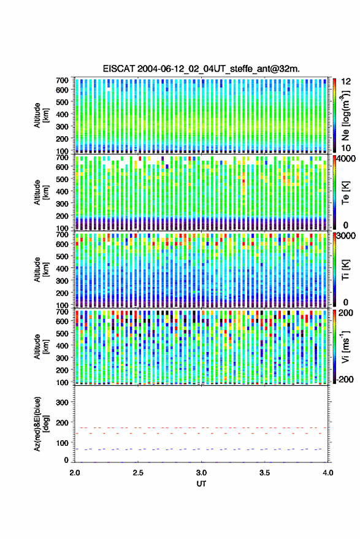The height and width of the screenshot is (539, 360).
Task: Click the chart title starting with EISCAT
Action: [x=201, y=69]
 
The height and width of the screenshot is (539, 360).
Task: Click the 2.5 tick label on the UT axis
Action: [x=138, y=473]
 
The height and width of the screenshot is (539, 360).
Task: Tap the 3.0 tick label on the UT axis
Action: [x=201, y=473]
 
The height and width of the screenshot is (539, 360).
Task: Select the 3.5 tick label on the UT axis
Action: [x=264, y=473]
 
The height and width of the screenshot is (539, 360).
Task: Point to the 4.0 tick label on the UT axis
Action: [x=327, y=473]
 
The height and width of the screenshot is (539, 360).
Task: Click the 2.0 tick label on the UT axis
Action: [x=75, y=473]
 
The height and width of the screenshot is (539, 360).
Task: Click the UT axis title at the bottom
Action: [x=201, y=484]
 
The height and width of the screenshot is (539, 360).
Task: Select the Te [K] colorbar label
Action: [x=345, y=193]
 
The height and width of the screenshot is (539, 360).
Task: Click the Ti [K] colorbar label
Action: [x=345, y=270]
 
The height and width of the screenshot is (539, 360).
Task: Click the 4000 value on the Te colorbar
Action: [x=347, y=159]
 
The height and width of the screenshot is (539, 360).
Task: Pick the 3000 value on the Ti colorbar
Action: [x=347, y=236]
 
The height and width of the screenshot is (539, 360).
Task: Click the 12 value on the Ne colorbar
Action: [x=346, y=82]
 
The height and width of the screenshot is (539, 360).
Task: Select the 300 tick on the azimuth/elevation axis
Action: [x=62, y=402]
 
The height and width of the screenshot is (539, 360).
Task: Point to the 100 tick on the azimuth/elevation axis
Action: [x=62, y=443]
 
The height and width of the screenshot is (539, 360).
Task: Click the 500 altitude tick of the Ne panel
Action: [x=62, y=102]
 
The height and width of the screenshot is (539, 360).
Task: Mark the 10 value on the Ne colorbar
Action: [x=346, y=148]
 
